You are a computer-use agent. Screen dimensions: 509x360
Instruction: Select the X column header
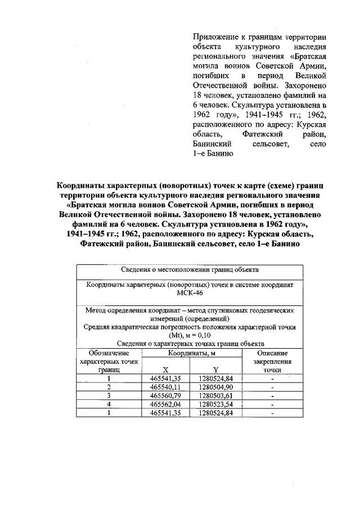pos(165,370)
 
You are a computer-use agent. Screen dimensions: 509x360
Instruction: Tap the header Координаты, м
pos(191,353)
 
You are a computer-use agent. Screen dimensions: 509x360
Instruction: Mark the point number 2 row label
pos(109,387)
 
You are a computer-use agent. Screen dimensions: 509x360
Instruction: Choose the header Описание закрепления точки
pos(272,361)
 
